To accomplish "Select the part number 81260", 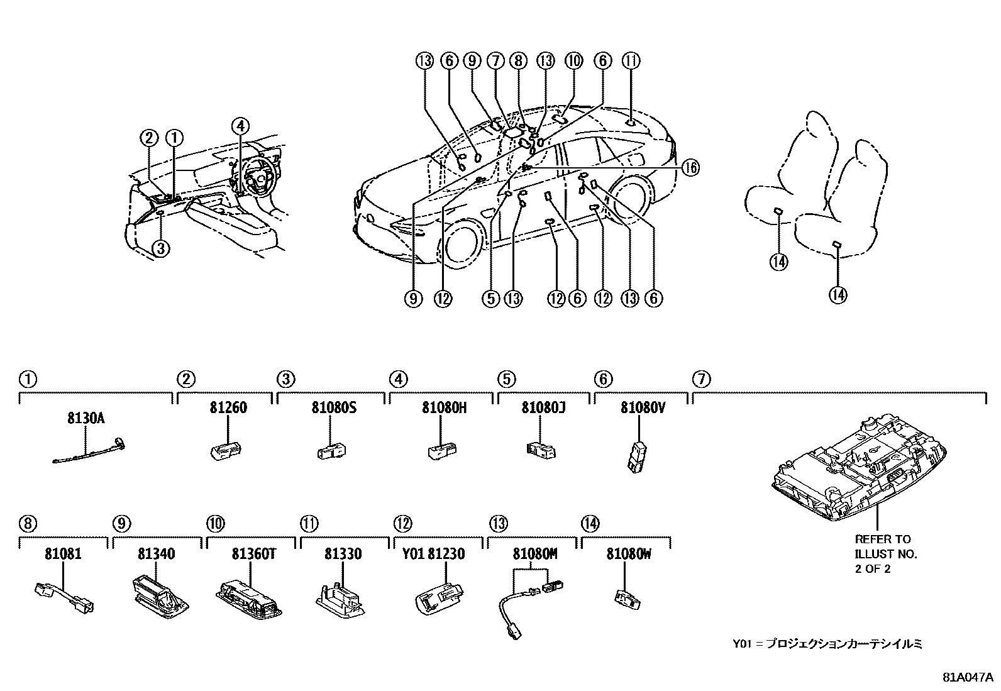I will [228, 407].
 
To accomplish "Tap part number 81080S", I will [333, 407].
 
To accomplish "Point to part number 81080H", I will [444, 407].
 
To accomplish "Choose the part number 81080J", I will [543, 407].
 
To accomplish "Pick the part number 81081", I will [63, 554].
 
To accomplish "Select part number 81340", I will [157, 554].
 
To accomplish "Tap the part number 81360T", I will [251, 554].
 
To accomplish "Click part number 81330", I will [343, 554].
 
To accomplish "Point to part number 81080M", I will [535, 554].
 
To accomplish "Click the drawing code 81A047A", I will [967, 678].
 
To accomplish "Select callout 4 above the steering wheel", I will [240, 126].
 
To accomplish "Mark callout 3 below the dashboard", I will [161, 248].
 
